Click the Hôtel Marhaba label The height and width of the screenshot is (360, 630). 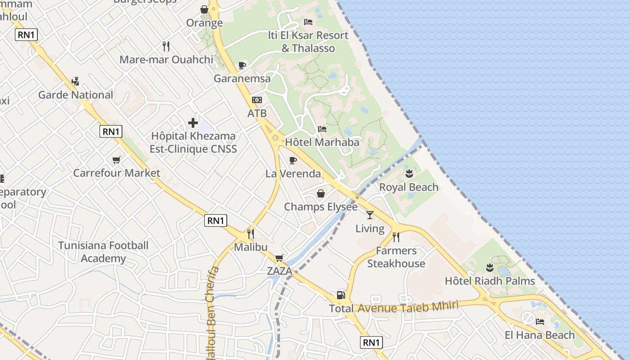[322, 142]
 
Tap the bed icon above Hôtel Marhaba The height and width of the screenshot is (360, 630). [322, 129]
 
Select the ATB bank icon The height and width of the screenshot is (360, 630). [257, 100]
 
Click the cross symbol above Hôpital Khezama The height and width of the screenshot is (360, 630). [193, 122]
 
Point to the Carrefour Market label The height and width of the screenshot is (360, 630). [117, 173]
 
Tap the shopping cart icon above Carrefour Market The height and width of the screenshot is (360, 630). [117, 160]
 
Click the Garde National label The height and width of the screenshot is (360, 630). [76, 95]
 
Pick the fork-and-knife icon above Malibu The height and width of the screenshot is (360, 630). [251, 234]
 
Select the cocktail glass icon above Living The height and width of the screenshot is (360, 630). [370, 215]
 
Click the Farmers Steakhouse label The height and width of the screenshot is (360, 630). [396, 257]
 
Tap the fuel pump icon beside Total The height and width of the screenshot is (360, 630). [341, 295]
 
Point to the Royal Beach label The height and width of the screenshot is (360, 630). [409, 187]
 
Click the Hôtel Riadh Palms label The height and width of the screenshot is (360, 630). [490, 281]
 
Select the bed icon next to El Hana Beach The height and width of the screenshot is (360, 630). [540, 321]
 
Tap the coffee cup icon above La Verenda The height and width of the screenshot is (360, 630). [293, 160]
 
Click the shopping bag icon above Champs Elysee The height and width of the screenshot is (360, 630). [321, 193]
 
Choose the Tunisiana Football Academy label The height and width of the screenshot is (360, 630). [103, 252]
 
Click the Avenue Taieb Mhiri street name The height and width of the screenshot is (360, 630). [408, 307]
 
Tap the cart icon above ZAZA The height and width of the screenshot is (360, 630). [279, 258]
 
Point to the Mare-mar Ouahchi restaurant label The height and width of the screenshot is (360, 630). [166, 59]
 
